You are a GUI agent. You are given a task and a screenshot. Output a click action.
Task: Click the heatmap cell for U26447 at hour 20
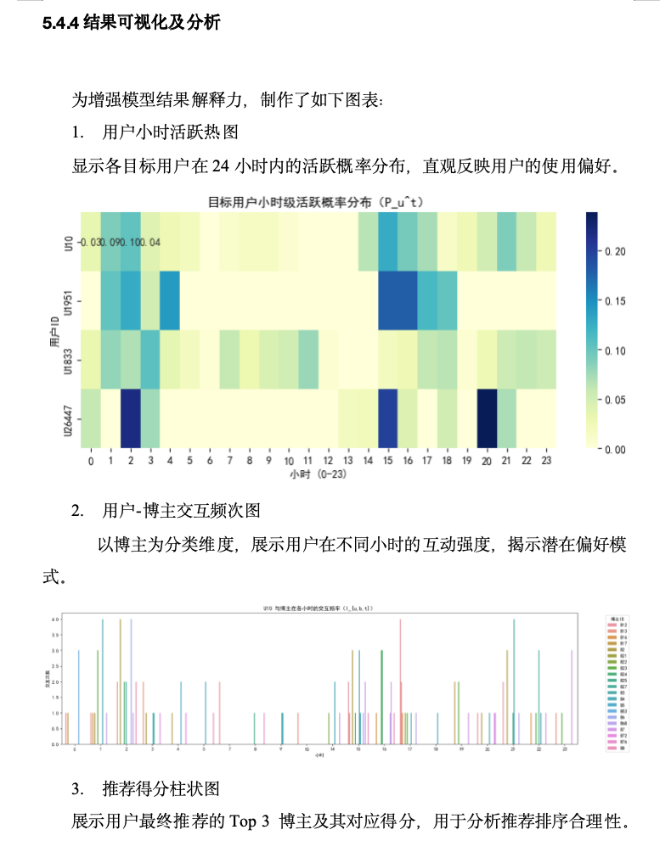click(487, 418)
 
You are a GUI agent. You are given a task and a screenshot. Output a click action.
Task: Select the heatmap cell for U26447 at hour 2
click(130, 418)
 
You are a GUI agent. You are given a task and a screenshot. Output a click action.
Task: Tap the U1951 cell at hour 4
click(170, 300)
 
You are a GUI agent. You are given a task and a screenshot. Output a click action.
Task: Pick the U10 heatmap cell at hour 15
click(387, 242)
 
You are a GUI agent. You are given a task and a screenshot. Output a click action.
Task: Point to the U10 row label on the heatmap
click(69, 243)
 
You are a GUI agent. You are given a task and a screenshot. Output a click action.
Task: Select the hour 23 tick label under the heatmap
click(546, 461)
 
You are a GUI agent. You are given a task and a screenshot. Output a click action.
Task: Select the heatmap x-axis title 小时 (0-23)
click(318, 474)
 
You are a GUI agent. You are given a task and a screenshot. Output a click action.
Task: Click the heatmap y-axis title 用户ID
click(54, 329)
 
